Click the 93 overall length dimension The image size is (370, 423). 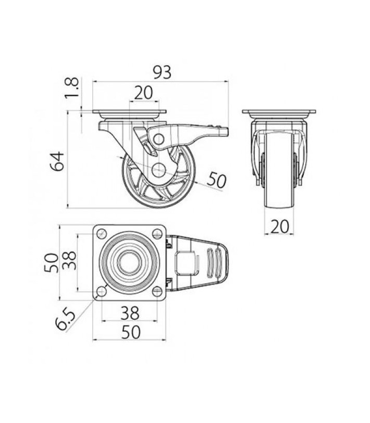(162, 72)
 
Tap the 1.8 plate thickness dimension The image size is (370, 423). (72, 88)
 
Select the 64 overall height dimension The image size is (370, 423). (57, 161)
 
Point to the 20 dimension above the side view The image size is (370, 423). (144, 93)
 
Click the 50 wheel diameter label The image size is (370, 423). (217, 180)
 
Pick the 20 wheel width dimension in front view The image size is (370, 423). (280, 226)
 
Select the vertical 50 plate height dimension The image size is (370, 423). (51, 263)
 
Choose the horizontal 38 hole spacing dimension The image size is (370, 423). (130, 313)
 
